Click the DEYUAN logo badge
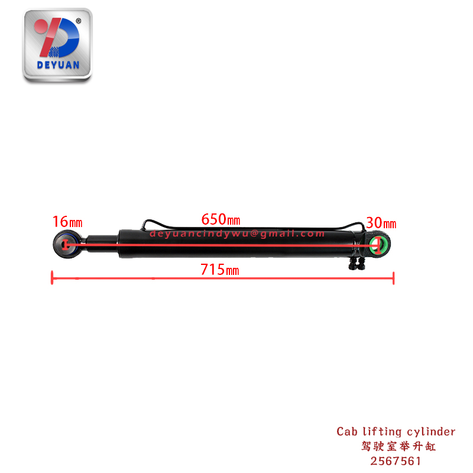click(57, 44)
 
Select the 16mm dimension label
click(67, 222)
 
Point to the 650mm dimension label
click(221, 219)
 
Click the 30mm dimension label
click(381, 223)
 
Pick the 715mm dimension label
click(219, 270)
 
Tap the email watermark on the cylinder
click(237, 234)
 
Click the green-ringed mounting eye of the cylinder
click(378, 245)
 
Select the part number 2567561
click(396, 460)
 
